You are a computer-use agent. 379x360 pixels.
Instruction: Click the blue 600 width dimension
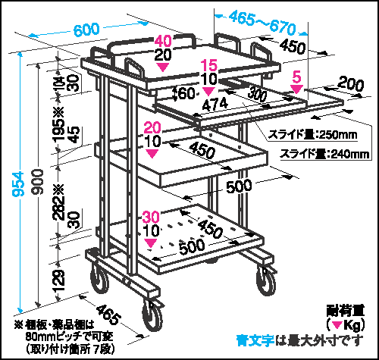click(86, 30)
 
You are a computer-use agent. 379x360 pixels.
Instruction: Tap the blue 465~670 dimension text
click(262, 23)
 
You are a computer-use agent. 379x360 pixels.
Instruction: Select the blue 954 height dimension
click(18, 184)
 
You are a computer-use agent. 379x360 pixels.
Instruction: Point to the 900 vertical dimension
click(37, 182)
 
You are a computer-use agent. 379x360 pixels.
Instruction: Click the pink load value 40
click(163, 41)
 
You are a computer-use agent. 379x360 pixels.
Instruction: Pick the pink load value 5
click(296, 77)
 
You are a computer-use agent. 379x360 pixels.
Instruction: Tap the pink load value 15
click(209, 65)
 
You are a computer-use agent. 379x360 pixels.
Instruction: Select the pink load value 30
click(151, 217)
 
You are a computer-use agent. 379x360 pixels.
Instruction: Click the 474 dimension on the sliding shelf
click(215, 104)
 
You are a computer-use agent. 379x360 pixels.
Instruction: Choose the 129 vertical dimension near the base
click(59, 280)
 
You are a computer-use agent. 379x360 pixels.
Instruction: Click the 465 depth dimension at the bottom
click(108, 315)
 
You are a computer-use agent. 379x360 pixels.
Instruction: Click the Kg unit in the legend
click(352, 325)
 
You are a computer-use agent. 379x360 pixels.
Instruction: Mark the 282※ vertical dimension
click(59, 202)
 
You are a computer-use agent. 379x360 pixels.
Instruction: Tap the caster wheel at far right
click(266, 281)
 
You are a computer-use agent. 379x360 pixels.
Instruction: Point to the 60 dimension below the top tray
click(186, 93)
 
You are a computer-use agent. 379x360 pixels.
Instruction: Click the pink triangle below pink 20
click(152, 153)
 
